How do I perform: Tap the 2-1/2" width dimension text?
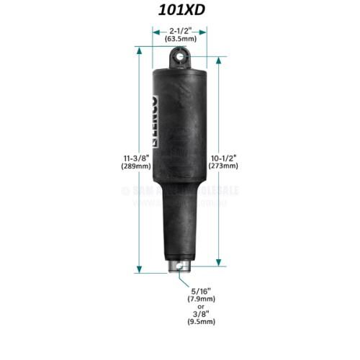coord(179,32)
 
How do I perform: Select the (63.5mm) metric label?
coord(179,40)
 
